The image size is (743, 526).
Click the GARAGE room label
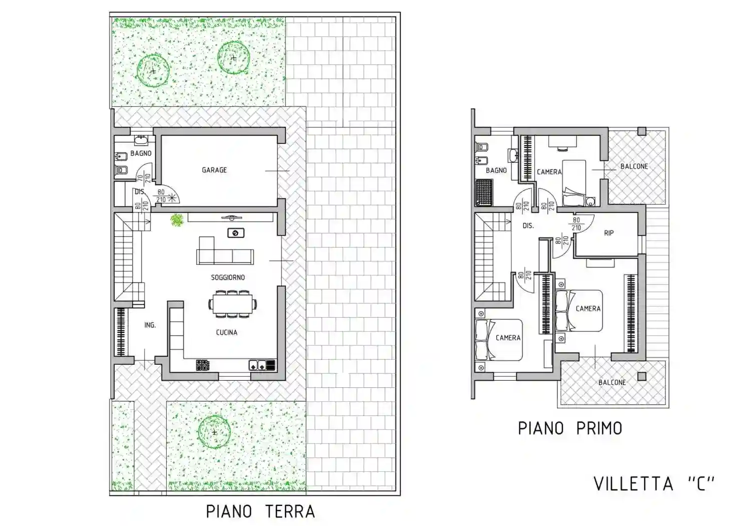point(214,170)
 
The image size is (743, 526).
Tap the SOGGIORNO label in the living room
point(228,278)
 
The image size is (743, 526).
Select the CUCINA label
point(226,333)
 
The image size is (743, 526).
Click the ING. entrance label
point(150,325)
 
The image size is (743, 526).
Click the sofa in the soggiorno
point(225,252)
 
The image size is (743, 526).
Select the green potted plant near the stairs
point(177,220)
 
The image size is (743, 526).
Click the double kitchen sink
point(257,366)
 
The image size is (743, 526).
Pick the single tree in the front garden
point(214,432)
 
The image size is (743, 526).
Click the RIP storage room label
point(608,233)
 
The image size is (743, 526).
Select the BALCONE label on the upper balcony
point(634,166)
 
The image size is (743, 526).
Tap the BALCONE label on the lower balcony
point(612,383)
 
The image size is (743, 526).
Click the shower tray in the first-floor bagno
point(483,193)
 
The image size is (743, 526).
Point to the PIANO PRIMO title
point(570,429)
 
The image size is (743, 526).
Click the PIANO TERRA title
point(260,511)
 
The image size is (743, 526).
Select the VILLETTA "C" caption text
point(654,484)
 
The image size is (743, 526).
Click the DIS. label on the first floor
point(528,226)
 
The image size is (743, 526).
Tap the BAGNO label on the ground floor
point(141,153)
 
